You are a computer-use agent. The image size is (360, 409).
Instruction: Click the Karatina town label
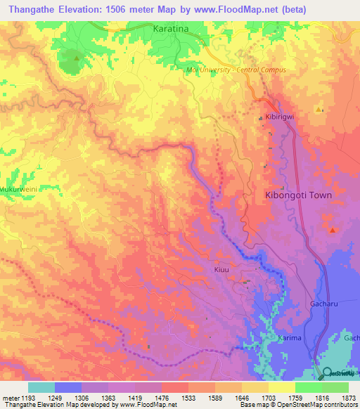pos(172,30)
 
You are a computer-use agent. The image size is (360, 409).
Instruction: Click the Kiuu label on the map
pos(222,269)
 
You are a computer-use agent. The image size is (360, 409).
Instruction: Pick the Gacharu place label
pos(324,304)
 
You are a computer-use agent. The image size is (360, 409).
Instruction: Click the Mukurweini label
pos(17,189)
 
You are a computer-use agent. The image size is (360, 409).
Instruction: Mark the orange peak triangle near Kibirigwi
pos(319,110)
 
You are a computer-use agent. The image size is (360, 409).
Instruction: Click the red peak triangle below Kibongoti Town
pos(332,230)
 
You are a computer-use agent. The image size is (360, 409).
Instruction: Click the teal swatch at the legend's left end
pos(41,387)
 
